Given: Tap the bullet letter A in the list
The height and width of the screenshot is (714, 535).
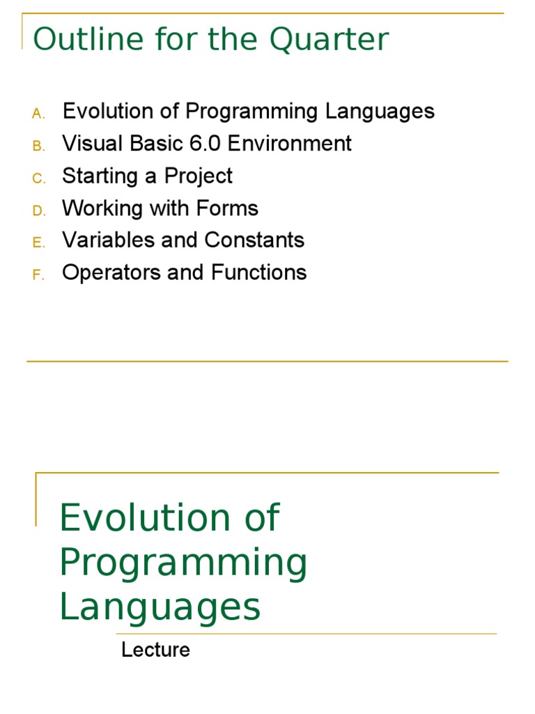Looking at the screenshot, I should point(38,113).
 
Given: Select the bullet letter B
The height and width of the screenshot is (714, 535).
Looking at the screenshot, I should point(38,146).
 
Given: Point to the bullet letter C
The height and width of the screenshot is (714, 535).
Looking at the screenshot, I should point(38,178).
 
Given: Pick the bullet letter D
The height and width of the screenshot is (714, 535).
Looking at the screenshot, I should point(38,211).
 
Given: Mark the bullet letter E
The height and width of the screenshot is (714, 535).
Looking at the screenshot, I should point(38,243).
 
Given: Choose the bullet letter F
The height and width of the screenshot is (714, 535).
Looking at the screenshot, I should point(38,275).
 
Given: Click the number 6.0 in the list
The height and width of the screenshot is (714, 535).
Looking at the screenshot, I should point(205,144).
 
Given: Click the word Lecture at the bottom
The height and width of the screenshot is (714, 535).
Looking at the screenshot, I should point(155,650).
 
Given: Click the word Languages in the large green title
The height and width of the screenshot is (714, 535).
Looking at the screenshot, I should point(160,607).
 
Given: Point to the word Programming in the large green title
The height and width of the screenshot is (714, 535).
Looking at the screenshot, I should point(183,563).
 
